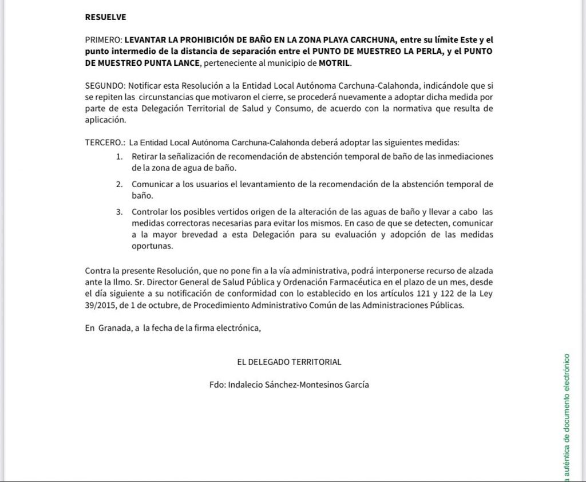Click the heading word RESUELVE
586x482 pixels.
pyautogui.click(x=105, y=17)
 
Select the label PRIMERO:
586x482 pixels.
pyautogui.click(x=103, y=40)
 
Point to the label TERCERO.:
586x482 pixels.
pyautogui.click(x=105, y=143)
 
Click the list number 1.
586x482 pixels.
pyautogui.click(x=119, y=156)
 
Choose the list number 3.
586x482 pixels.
pyautogui.click(x=119, y=212)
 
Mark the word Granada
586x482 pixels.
pyautogui.click(x=113, y=329)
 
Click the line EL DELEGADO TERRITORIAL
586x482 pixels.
pyautogui.click(x=289, y=362)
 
